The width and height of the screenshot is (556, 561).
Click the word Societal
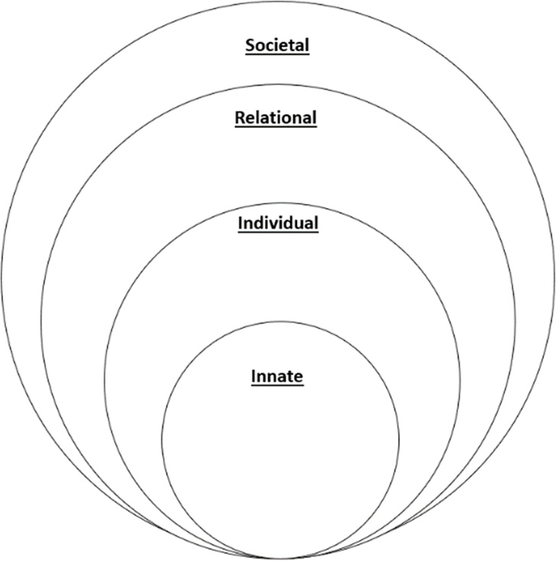(x=278, y=45)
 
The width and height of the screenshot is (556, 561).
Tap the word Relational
(x=276, y=117)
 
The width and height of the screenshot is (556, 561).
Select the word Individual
(x=278, y=223)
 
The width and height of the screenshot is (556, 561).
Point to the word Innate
(x=277, y=376)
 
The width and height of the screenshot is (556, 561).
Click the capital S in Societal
(x=250, y=45)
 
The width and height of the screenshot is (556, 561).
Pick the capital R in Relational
(x=239, y=117)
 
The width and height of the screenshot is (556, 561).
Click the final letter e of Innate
(x=299, y=377)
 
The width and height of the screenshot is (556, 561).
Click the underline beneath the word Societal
(x=278, y=54)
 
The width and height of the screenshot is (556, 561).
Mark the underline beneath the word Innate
(x=277, y=385)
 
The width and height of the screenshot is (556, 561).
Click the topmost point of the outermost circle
(x=278, y=2)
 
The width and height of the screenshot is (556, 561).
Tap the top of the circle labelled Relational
(x=278, y=84)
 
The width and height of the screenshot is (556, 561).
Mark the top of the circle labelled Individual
(x=282, y=202)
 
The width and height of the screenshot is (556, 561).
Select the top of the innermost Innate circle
(x=281, y=321)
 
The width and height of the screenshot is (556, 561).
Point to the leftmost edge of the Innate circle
(x=162, y=440)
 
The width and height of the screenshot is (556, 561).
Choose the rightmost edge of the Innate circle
(x=399, y=440)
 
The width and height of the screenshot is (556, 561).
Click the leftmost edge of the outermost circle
(x=2, y=280)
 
